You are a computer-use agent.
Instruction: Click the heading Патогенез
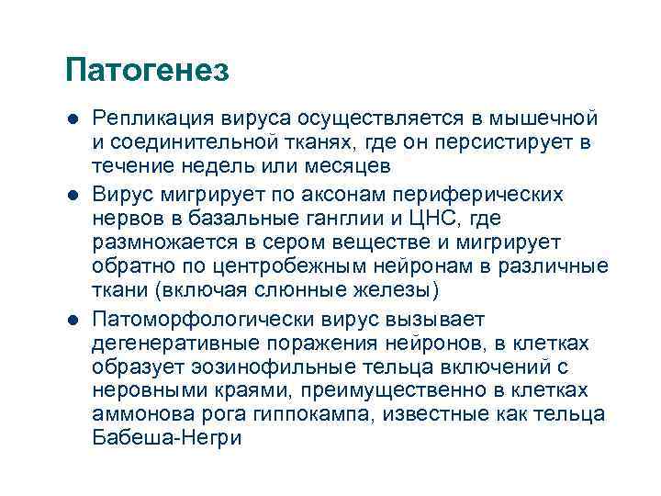[x=148, y=71]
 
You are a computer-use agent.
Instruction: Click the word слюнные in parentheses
[x=311, y=291]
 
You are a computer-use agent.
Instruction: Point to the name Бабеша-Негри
[x=168, y=439]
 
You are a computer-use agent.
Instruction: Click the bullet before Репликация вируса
[x=73, y=120]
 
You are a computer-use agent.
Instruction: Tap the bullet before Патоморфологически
[x=73, y=321]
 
